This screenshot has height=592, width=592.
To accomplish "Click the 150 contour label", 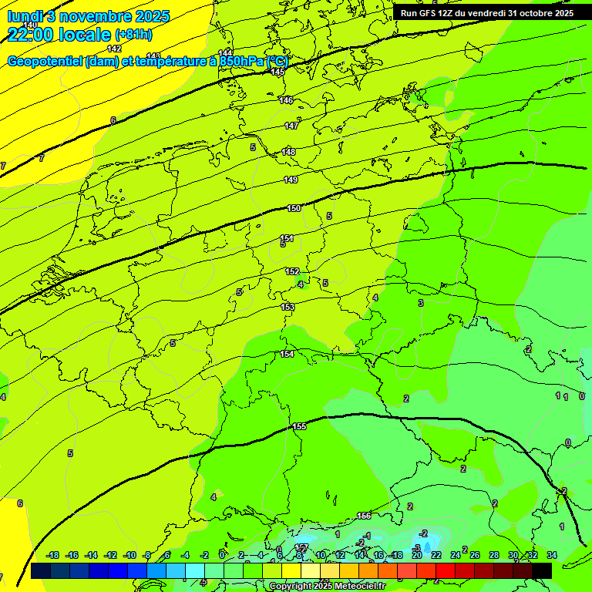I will pos(294,208).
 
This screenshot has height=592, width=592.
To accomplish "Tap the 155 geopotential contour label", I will pos(299,426).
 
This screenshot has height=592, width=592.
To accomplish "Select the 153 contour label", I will pos(288,307).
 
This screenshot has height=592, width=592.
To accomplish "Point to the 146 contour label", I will pos(286,101).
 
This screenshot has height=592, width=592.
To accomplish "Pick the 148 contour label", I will pos(289,152).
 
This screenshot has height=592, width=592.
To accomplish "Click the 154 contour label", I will pos(287,354).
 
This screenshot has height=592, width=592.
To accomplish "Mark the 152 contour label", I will pos(292,271).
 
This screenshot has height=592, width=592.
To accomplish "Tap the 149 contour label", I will pos(291,180).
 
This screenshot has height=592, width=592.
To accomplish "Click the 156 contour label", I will pos(364,516).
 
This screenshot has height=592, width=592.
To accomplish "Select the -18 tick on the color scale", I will pos(53,555).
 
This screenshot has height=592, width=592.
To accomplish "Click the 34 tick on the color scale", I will pos(552,555).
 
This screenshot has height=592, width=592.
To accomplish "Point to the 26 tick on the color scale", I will pos(475,555).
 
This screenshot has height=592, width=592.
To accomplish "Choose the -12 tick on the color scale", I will pos(111,555).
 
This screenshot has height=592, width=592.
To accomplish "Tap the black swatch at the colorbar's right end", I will pos(542,570).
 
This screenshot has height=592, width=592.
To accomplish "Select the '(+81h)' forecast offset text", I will pos(133,35).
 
